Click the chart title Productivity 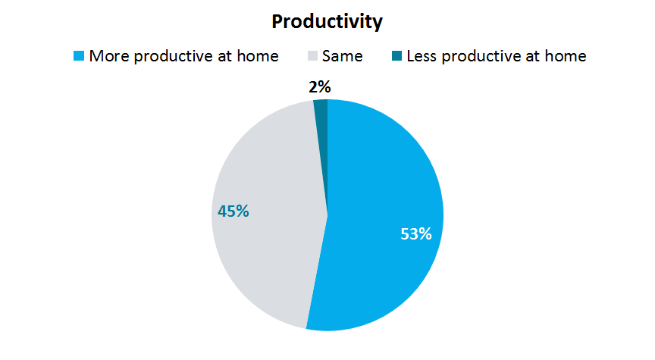pos(327,22)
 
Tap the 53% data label pos(416,234)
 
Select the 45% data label pos(233,211)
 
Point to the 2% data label pos(320,87)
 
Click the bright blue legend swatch pos(79,55)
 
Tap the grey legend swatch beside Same pos(312,55)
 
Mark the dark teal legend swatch pos(396,55)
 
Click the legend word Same pos(342,56)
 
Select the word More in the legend pos(109,56)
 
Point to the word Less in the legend pos(422,56)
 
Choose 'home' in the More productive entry pos(258,56)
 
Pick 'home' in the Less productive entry pos(566,56)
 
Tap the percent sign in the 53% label pos(425,234)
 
